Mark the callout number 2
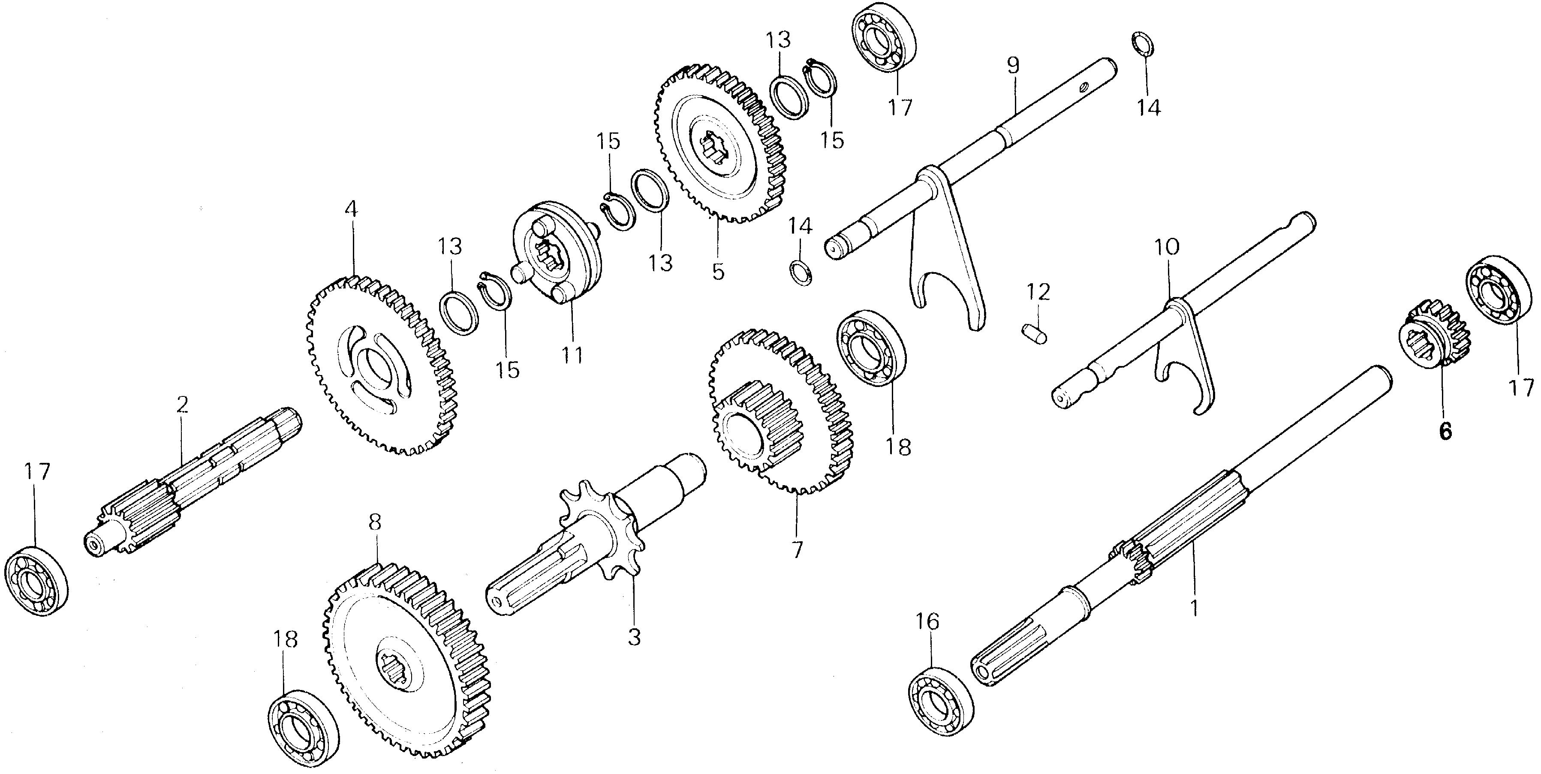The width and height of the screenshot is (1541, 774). click(183, 405)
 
